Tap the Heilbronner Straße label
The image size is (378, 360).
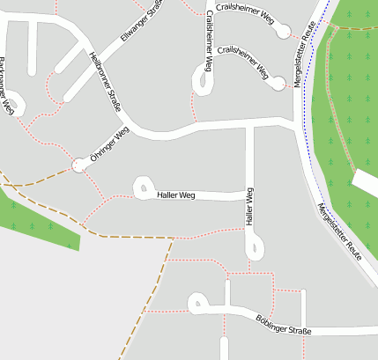tap(105, 81)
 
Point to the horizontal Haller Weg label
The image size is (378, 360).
tap(175, 195)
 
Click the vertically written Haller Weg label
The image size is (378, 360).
tap(250, 209)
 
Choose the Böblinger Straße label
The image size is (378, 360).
tap(284, 324)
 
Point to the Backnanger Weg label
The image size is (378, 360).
tap(7, 86)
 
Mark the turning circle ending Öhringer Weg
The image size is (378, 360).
tap(80, 165)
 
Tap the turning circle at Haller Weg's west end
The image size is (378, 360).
tap(141, 187)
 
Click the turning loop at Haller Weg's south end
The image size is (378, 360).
tap(254, 250)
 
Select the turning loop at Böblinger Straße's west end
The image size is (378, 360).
tap(196, 304)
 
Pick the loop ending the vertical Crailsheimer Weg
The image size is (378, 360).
tap(207, 84)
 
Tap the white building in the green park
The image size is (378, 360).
tap(365, 180)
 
